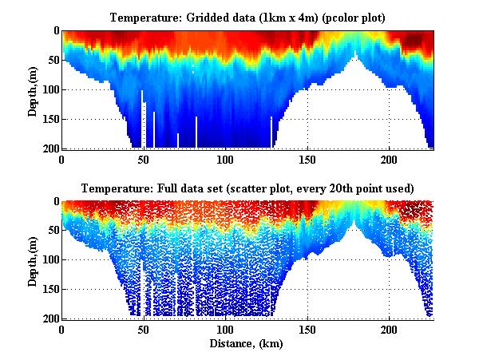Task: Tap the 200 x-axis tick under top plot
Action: click(389, 159)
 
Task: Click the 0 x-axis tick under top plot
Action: click(62, 159)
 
